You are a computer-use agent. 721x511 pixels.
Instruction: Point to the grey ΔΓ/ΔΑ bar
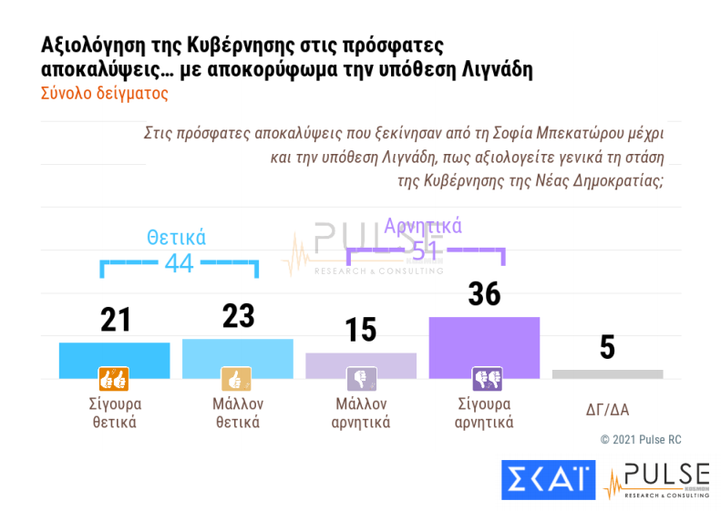click(607, 373)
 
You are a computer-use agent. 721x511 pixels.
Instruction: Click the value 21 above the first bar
click(116, 320)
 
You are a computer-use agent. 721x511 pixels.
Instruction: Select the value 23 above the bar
click(238, 316)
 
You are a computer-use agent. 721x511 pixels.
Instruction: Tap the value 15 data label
click(361, 330)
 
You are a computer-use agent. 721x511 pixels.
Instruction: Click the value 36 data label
click(484, 293)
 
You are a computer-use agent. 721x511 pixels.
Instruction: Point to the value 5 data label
click(607, 347)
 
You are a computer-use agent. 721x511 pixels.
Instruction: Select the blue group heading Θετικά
click(177, 238)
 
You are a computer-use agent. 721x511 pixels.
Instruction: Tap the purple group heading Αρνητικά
click(423, 225)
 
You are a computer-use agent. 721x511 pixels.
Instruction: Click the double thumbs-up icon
click(114, 378)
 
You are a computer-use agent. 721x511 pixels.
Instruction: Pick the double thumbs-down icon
click(484, 378)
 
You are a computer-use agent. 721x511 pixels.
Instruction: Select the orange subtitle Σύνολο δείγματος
click(105, 93)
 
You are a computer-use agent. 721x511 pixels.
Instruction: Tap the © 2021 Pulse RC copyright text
click(641, 440)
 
